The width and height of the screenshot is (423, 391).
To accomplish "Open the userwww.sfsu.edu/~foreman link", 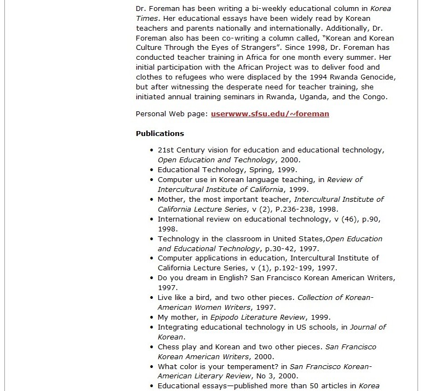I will point(270,114).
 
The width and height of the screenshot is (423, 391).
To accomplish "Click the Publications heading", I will point(159,133).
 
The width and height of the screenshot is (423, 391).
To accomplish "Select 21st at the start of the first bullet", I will point(165,150).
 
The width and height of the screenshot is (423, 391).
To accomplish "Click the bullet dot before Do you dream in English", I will point(152,278).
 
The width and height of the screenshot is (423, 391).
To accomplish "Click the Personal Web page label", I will point(171,114).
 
